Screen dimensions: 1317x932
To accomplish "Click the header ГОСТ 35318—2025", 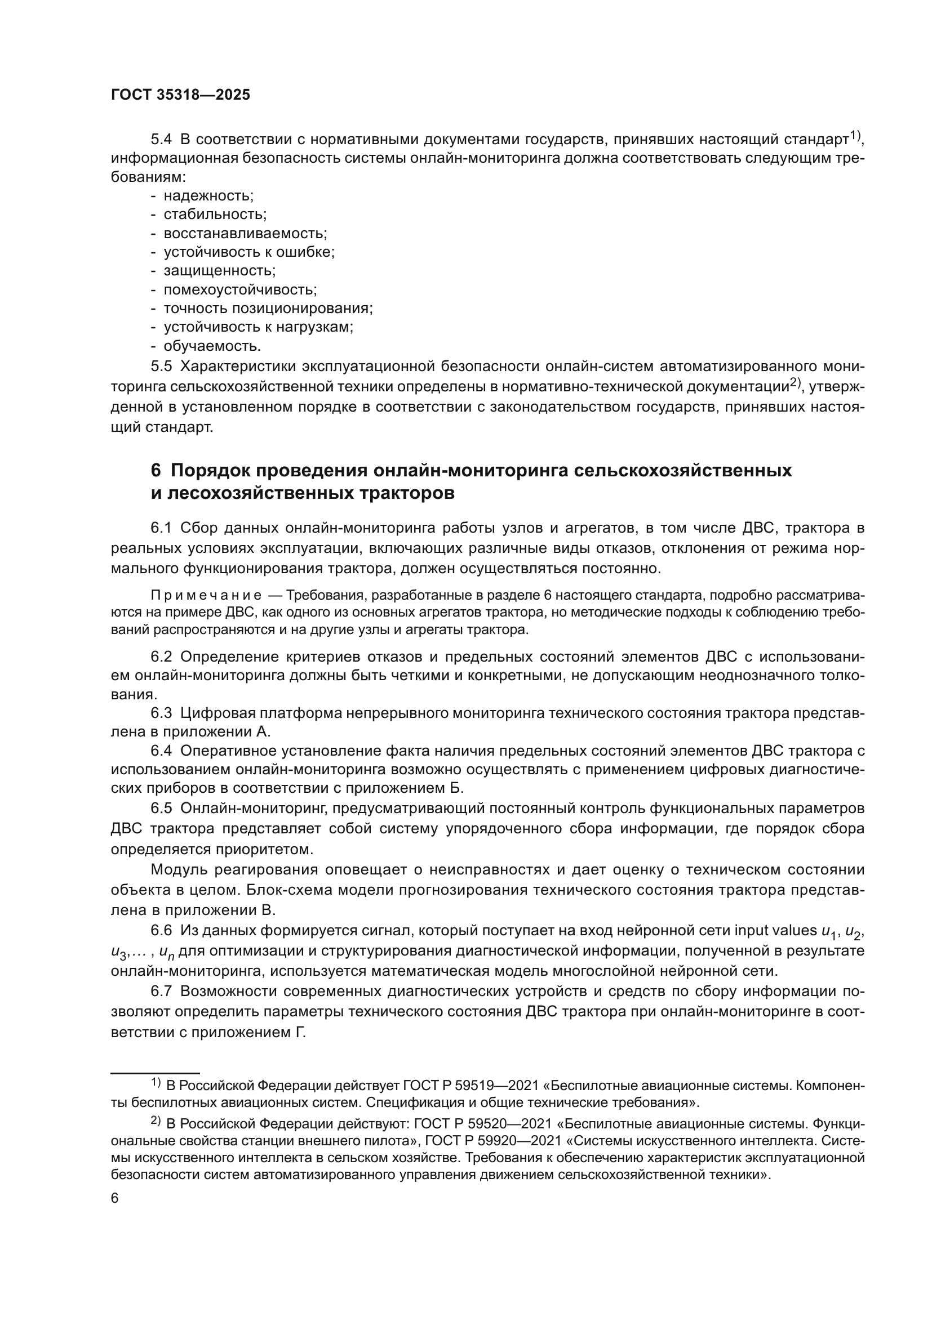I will coord(180,95).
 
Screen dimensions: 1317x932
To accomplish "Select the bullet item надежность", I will coord(208,195).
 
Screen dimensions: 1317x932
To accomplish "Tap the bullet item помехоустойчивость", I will coord(240,289).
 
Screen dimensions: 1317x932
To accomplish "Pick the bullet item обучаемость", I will coord(212,346).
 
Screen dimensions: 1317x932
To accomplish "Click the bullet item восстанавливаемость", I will coord(245,234).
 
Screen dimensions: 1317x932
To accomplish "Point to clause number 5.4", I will coord(161,140).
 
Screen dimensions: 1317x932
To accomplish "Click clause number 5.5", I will coord(161,366).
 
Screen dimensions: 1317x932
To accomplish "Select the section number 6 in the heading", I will coord(156,470).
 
